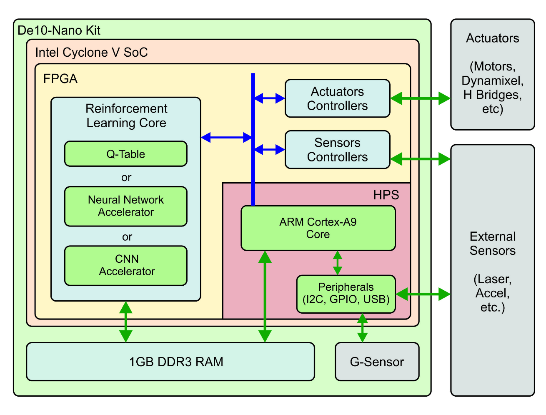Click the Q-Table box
[125, 154]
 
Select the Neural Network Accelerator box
[125, 206]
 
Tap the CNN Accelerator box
[125, 265]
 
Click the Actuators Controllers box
[337, 98]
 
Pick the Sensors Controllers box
[337, 150]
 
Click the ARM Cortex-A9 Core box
[318, 228]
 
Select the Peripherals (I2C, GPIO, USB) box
[346, 294]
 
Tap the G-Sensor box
[377, 362]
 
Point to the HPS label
[386, 195]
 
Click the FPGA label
[60, 79]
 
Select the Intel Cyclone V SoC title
[91, 53]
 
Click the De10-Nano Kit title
[59, 30]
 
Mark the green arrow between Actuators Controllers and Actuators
[420, 99]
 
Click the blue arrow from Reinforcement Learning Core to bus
[226, 137]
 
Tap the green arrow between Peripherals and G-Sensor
[363, 328]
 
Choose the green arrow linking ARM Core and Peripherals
[338, 263]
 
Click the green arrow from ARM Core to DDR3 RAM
[265, 296]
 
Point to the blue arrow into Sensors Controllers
[270, 149]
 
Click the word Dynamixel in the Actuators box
[492, 80]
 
